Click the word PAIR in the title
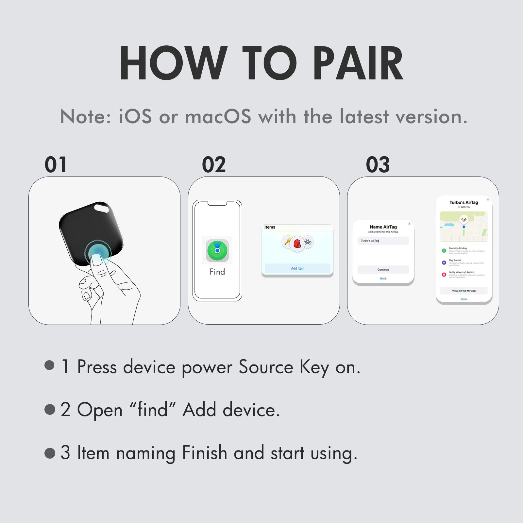(x=358, y=63)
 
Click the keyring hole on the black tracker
(x=102, y=207)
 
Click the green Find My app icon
(x=217, y=250)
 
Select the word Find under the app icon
(x=217, y=272)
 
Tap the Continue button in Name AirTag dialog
(x=383, y=270)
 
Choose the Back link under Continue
(x=383, y=278)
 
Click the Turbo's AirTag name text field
(x=383, y=241)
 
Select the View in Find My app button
(x=464, y=291)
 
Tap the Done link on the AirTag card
(x=464, y=299)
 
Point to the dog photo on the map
(x=464, y=219)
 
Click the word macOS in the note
(x=218, y=117)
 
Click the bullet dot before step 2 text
(x=50, y=409)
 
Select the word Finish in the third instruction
(x=204, y=453)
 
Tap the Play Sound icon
(x=444, y=262)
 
